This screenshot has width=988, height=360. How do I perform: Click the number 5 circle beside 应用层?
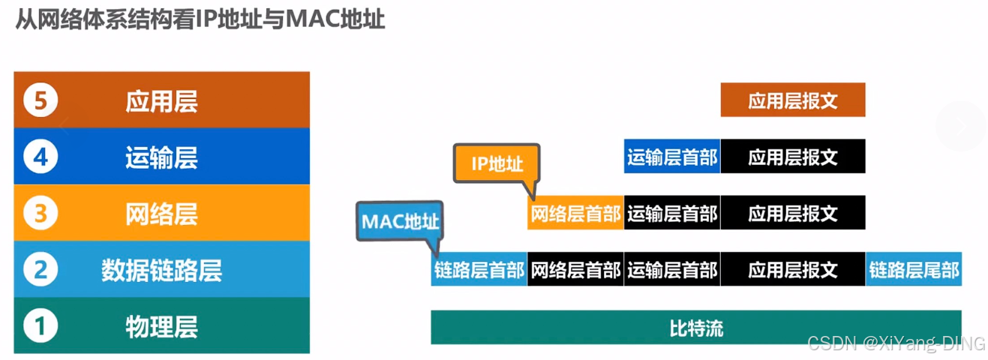[41, 100]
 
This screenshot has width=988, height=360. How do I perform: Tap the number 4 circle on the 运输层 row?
[41, 157]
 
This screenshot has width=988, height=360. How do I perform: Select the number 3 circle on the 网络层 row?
[41, 214]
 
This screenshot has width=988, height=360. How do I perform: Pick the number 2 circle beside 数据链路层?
[41, 269]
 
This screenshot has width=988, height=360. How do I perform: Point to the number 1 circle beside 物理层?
[41, 326]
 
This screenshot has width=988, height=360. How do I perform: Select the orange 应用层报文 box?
[792, 100]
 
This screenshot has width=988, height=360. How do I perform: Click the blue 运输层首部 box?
[672, 157]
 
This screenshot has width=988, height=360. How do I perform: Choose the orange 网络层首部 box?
[575, 214]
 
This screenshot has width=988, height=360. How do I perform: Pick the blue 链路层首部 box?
[479, 270]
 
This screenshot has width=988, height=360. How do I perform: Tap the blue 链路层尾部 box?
[914, 270]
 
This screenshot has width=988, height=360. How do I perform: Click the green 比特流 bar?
[695, 328]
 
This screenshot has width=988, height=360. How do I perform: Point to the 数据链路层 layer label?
[161, 269]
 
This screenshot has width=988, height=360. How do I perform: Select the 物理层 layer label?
[161, 326]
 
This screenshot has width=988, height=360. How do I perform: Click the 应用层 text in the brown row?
[161, 100]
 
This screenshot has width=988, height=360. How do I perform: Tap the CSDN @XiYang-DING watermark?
[896, 343]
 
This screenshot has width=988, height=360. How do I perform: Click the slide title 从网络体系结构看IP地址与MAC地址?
[200, 19]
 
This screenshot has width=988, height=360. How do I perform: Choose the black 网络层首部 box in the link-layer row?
[575, 270]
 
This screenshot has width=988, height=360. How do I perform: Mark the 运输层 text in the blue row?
[161, 157]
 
